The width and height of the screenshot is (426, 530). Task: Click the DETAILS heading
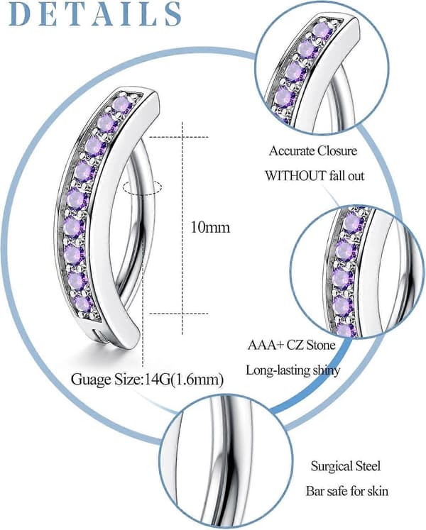point(95,14)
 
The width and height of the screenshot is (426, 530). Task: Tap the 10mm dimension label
point(210,227)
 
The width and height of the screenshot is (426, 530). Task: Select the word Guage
point(91,380)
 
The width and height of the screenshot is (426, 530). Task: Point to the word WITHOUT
point(295,176)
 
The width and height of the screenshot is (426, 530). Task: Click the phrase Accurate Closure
point(313,150)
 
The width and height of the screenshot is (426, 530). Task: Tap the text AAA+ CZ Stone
point(291,345)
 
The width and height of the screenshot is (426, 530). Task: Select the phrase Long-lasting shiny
point(293,370)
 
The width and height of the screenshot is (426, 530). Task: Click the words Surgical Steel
point(346,466)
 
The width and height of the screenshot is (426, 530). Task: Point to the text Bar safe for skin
point(347,491)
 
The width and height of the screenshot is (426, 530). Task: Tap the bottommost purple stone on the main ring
point(82,304)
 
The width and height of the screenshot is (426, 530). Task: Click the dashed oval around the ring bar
point(143,187)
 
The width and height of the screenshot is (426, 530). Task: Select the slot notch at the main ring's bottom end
point(96,333)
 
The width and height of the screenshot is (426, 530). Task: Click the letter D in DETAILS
point(21,14)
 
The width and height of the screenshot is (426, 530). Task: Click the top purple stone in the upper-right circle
point(320,31)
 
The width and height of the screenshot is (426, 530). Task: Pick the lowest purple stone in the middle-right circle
point(344,331)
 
